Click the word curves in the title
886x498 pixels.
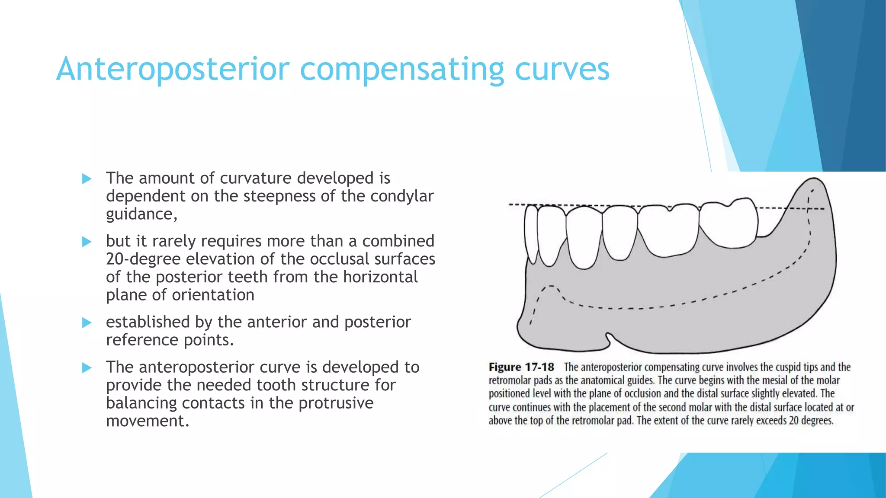coord(562,69)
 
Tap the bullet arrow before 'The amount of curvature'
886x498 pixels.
coord(87,179)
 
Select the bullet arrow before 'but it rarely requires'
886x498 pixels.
coord(87,242)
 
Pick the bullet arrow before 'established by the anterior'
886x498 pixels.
coord(87,322)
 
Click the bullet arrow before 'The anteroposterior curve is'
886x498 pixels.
coord(87,368)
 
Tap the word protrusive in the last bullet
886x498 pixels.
coord(336,403)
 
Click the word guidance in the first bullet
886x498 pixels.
coord(141,214)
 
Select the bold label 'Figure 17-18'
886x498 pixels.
coord(521,367)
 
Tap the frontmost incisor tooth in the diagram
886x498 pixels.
coord(530,233)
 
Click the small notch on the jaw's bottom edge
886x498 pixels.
coord(608,339)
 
